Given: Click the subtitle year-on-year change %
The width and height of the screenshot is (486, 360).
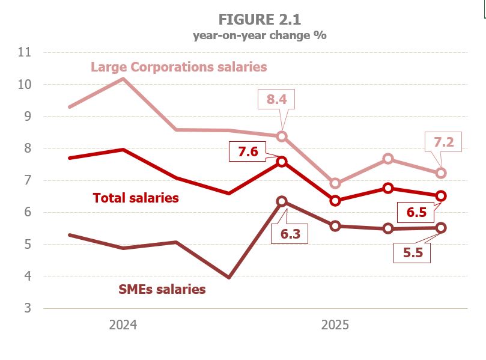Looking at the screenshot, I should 260,35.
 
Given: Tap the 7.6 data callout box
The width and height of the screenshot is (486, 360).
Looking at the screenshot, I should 248,152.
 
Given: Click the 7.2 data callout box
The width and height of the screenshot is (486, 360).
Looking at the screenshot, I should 443,142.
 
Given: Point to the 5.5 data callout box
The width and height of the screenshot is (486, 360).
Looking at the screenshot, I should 413,253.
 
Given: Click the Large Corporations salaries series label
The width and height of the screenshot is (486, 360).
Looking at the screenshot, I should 178,67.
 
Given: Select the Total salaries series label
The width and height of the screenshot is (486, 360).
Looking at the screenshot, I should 136,198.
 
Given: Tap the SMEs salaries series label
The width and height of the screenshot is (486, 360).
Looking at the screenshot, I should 161,290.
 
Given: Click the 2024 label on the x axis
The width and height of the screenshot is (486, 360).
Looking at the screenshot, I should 123,325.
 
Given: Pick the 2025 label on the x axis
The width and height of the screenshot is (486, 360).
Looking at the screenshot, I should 335,325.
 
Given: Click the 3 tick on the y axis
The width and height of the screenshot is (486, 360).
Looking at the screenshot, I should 27,308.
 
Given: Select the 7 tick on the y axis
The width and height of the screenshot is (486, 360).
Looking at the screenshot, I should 27,180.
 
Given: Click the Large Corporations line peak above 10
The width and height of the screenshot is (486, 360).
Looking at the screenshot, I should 123,79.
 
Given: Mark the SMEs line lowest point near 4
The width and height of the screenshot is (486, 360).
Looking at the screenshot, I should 228,278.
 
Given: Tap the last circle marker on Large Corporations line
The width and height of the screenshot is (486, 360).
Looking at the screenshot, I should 441,173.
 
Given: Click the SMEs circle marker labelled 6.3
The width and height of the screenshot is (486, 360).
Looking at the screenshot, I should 282,202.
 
